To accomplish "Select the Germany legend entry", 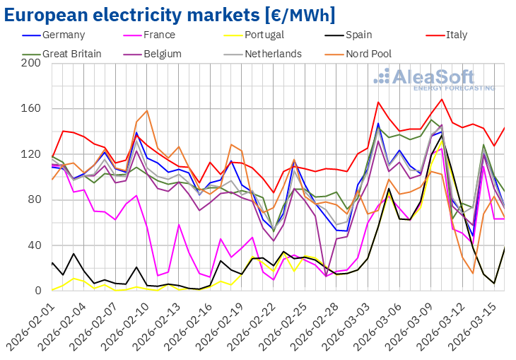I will point(64,35).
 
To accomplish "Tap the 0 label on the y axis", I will point(37,291).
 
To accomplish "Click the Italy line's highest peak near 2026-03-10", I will point(442,99).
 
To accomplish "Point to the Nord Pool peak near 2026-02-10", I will point(147,110).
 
